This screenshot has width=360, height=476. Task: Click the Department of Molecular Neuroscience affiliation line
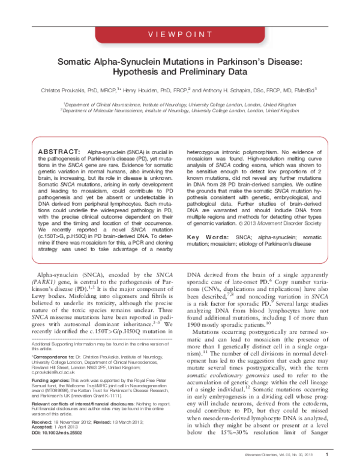179,110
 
